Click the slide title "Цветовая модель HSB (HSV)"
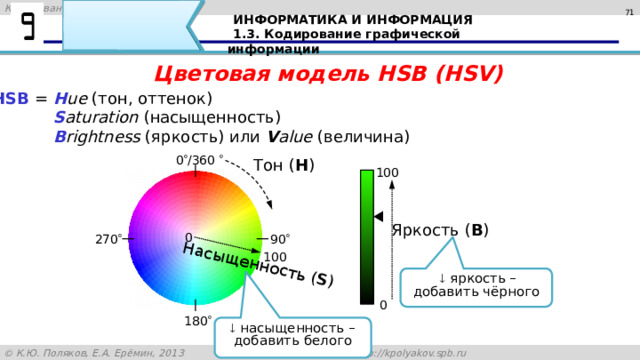[329, 73]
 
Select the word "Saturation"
[96, 117]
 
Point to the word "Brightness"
[97, 136]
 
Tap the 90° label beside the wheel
[280, 239]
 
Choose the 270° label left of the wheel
[109, 239]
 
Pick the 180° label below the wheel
[196, 322]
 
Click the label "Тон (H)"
[285, 165]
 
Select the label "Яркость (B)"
[440, 231]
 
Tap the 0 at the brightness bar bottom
[384, 303]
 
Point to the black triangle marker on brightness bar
[377, 216]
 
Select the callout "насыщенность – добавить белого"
[291, 333]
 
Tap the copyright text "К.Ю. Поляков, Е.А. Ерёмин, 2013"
[100, 352]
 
